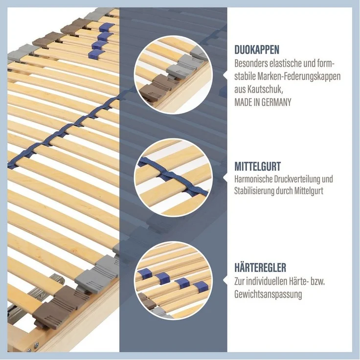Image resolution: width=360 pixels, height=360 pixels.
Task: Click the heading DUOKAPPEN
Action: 257,50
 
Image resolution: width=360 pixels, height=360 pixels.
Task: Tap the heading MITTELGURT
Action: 258,166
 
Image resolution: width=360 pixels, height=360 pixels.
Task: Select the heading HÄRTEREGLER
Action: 260,268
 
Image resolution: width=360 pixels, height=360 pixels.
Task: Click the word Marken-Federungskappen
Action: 299,77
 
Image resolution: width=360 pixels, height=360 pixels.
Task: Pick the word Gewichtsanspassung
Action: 268,294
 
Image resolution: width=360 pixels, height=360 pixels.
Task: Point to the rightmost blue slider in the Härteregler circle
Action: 201,287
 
